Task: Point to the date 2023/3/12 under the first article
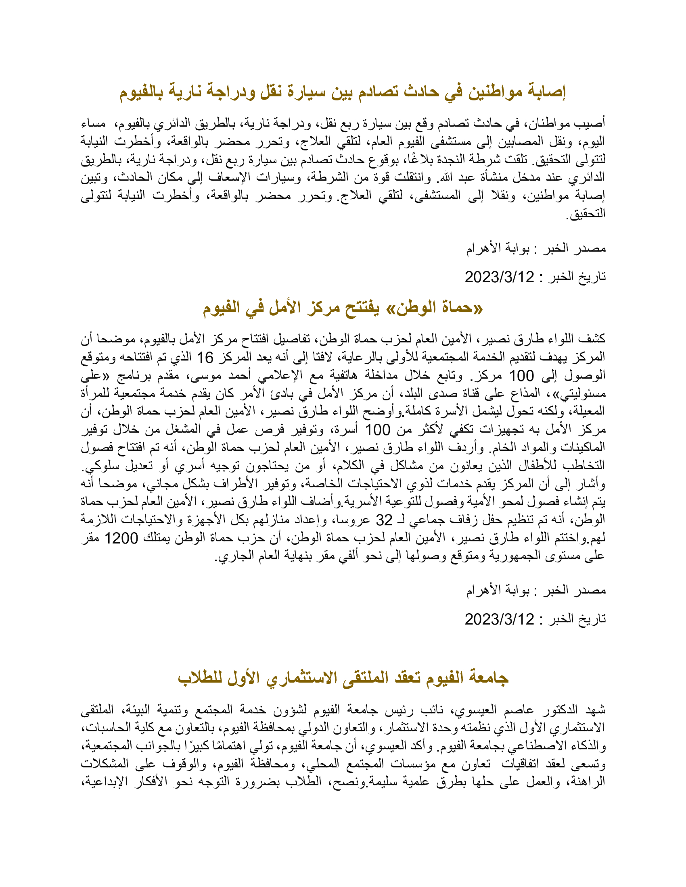500,277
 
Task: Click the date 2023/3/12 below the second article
500,619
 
